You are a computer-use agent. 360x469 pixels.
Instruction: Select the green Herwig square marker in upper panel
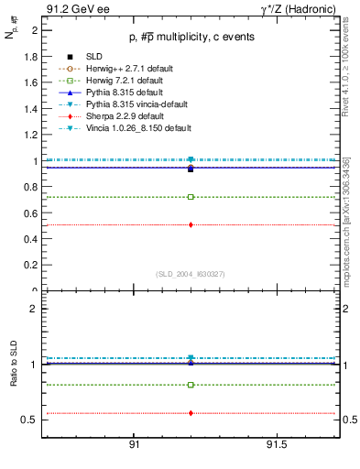click(191, 197)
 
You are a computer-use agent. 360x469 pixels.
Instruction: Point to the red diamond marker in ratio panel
click(191, 413)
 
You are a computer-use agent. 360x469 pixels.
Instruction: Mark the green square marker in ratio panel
click(191, 385)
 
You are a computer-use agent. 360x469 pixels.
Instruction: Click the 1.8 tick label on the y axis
click(33, 56)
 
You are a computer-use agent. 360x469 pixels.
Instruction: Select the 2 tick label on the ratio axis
click(34, 309)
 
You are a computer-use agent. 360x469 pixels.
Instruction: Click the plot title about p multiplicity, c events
click(190, 37)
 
